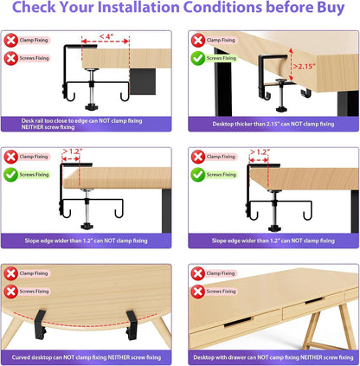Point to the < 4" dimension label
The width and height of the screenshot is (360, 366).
click(106, 36)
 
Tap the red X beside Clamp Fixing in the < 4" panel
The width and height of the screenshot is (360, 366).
click(12, 40)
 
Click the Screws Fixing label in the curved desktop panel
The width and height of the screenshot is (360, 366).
click(36, 292)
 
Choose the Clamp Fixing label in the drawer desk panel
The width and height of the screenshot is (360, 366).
click(220, 273)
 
